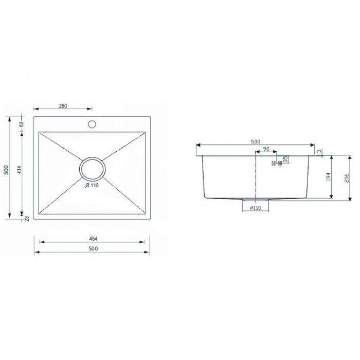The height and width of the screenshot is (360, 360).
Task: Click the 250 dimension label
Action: (63, 106)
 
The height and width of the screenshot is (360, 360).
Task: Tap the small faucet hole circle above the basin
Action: (92, 124)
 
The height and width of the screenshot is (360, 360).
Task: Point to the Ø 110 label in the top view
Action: (92, 185)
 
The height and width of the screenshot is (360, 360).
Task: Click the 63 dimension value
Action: (22, 124)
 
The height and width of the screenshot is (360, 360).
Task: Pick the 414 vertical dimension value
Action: (20, 170)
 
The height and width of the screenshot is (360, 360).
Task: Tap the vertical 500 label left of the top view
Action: (6, 170)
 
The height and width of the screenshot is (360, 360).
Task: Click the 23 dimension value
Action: (27, 219)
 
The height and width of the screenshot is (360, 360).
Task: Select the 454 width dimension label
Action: (93, 239)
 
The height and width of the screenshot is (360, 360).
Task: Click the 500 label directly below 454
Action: (93, 248)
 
